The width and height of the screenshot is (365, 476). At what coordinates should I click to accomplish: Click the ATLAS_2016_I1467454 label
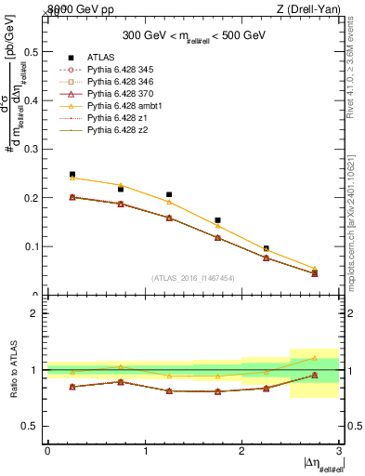click(192, 278)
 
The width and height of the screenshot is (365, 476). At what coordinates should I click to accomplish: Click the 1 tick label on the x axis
click(145, 451)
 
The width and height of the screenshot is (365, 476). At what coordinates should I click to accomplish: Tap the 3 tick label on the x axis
click(339, 451)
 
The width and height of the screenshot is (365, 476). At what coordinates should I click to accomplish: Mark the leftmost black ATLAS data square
click(72, 174)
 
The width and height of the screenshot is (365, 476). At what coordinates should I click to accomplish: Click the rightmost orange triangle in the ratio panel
click(314, 358)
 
